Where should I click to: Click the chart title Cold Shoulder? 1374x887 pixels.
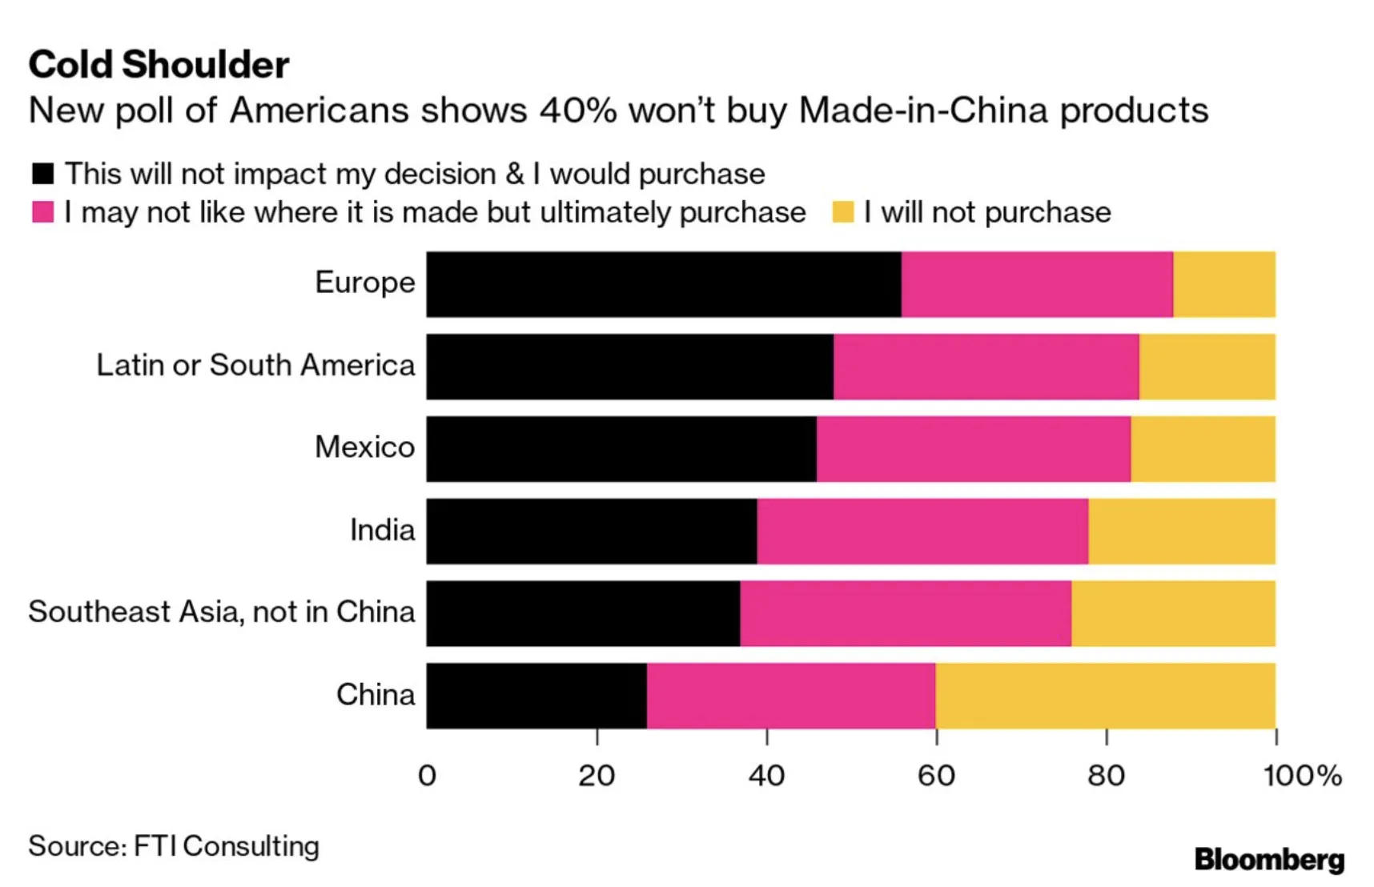point(159,65)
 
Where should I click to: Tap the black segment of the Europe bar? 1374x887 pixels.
point(663,284)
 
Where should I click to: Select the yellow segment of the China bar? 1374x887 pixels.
point(1105,696)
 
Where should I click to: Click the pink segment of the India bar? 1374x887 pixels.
point(922,532)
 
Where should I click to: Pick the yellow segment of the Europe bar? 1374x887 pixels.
point(1223,284)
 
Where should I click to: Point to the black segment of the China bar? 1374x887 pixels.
point(536,696)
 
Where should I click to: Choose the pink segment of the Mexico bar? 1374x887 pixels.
point(974,449)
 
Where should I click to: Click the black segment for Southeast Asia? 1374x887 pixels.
point(583,613)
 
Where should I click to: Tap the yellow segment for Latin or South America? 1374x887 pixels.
point(1207,367)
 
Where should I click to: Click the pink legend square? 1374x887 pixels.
point(42,212)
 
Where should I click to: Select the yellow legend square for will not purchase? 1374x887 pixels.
point(842,212)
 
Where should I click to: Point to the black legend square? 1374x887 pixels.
point(42,174)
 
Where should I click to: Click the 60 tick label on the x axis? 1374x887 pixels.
point(936,775)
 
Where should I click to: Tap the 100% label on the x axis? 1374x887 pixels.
point(1301,775)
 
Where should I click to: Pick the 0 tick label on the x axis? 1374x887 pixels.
point(427,775)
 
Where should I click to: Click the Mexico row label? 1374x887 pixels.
point(364,447)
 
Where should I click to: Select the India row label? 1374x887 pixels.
point(382,530)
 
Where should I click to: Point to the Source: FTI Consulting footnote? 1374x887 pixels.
point(174,846)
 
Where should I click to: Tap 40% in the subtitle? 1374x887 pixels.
point(577,110)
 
